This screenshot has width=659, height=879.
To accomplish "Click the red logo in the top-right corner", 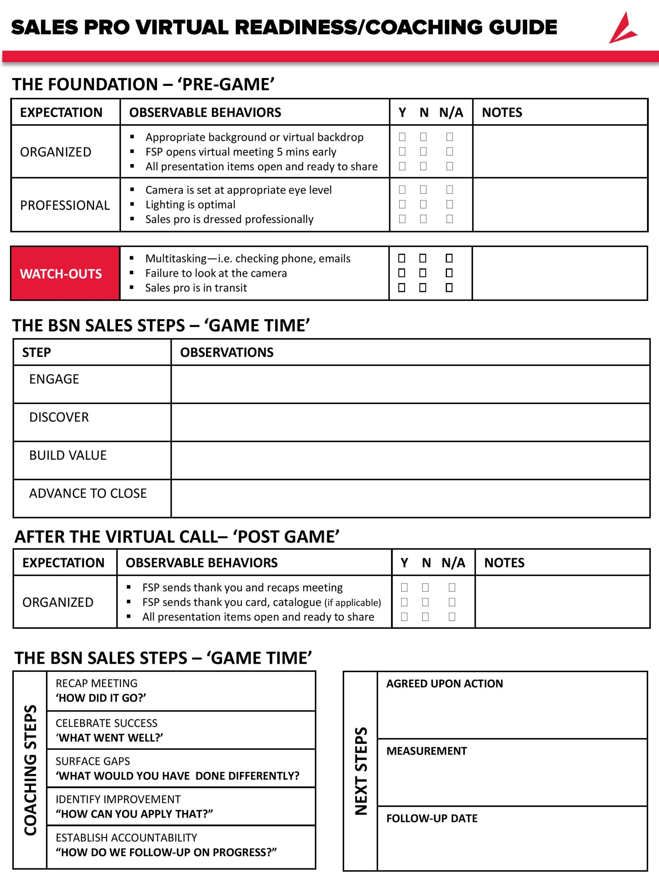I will [623, 28].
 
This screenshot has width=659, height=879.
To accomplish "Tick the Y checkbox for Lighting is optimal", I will [402, 204].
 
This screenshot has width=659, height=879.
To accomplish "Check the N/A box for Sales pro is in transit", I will [449, 287].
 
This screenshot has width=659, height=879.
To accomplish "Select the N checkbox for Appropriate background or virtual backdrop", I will [424, 137].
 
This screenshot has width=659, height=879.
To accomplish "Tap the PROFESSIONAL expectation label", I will [65, 205].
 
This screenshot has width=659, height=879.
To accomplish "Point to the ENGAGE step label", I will [54, 379].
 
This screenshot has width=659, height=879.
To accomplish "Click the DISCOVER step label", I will [59, 417].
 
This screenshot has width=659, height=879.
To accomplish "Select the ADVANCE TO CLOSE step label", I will [88, 493].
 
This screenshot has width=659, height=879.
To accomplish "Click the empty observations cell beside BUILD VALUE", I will [410, 460].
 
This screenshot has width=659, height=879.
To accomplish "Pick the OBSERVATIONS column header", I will [227, 352].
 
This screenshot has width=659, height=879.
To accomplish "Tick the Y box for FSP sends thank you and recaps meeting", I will [404, 587].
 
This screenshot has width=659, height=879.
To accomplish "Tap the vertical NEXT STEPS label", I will [361, 771].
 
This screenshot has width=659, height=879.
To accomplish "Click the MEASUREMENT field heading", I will [426, 751].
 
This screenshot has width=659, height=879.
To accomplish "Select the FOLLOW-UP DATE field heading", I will [432, 818].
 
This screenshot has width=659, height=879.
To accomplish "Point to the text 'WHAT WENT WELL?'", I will [109, 738].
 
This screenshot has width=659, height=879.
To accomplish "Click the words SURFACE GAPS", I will [93, 761].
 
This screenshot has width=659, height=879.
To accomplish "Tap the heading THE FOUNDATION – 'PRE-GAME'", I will [143, 84].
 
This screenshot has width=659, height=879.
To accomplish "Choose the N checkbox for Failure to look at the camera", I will [423, 273].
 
